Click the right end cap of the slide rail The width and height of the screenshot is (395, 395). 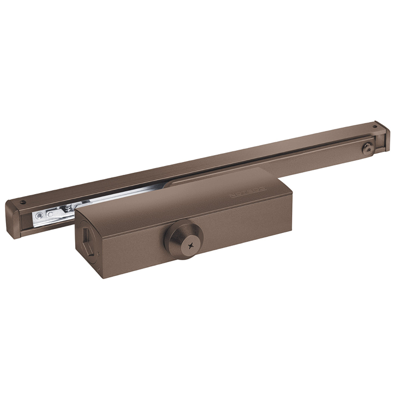(x=381, y=135)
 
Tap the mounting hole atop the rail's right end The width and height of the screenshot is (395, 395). (x=376, y=126)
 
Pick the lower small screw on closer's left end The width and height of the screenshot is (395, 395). (x=99, y=269)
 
